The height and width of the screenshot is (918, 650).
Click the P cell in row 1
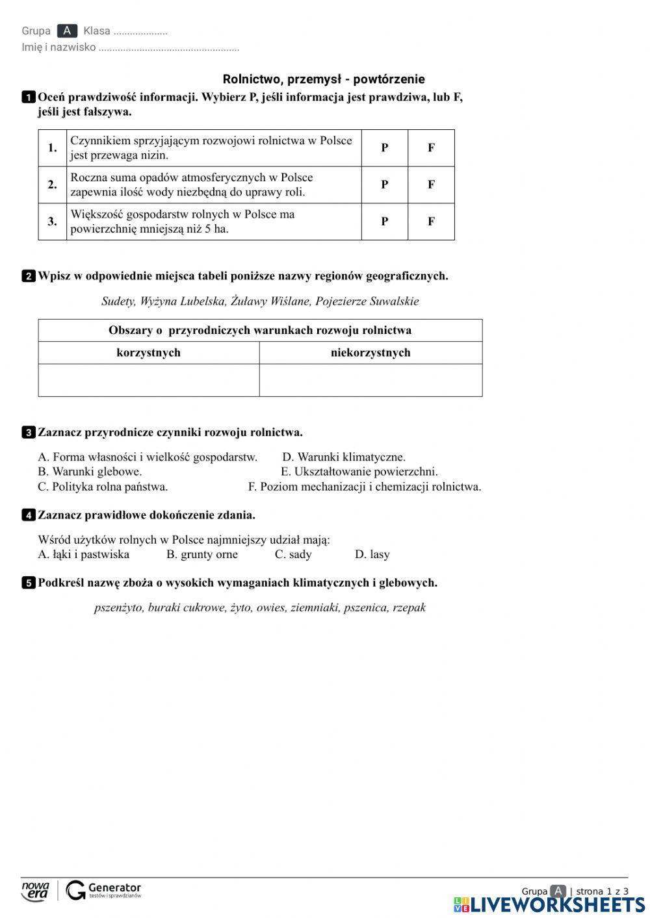coord(384,148)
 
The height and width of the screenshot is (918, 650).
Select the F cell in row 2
coord(431,185)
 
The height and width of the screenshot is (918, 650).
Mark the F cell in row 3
coord(431,222)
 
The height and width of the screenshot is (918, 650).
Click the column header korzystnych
coord(148,353)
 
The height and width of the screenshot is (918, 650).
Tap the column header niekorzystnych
coord(370,353)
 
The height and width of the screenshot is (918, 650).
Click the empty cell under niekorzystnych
coord(370,380)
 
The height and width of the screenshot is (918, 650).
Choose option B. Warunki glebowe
coord(90,472)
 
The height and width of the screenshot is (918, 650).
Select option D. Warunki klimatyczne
coord(344,457)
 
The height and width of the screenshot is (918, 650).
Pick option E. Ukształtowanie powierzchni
coord(359,472)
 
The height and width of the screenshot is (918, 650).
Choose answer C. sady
coord(293,555)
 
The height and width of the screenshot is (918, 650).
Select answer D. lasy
coord(372,555)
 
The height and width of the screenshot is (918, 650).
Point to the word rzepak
coord(409,608)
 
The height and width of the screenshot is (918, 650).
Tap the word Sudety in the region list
coord(118,301)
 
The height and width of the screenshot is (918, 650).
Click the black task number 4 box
coord(29,515)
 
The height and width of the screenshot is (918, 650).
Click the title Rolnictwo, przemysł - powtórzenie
coord(324,79)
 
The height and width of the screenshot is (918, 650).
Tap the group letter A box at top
coord(67,31)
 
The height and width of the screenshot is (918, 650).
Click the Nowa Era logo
coord(35,891)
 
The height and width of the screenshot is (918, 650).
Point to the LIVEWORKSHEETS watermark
coord(549,905)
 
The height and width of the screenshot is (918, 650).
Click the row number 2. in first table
coord(53,185)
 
